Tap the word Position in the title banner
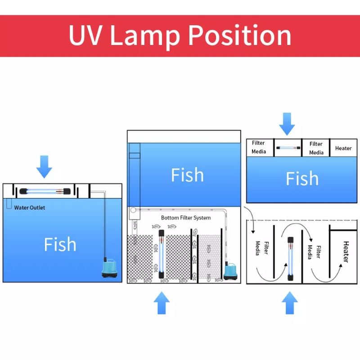pos(239,36)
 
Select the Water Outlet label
pos(30,207)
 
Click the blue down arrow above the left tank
pos(44,166)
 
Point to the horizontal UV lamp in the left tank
pos(45,191)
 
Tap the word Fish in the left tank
pos(60,244)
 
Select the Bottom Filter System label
pos(186,218)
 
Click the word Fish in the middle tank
pos(187,175)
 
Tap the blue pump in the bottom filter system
pos(232,272)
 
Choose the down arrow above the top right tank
pos(287,123)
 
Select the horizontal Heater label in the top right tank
pos(343,148)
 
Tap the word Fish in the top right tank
pos(302,179)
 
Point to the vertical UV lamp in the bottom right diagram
pos(290,259)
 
